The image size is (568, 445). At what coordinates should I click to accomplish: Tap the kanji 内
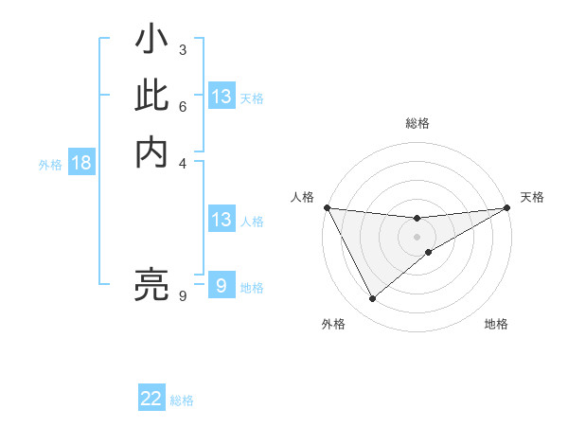(151, 151)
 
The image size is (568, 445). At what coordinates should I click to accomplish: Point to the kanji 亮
(151, 283)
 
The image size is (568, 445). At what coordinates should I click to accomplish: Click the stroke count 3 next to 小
(182, 49)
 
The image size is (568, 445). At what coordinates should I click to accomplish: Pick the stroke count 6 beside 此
(182, 107)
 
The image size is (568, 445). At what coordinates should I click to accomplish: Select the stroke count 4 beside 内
(182, 162)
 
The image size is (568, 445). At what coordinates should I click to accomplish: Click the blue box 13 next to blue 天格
(222, 97)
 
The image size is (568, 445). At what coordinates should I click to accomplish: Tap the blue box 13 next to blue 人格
(222, 220)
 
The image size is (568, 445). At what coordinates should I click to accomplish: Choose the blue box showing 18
(81, 163)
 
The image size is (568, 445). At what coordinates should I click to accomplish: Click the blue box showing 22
(151, 399)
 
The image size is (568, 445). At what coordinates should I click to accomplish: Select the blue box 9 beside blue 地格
(222, 286)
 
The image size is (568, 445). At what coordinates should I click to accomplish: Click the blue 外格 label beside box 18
(50, 164)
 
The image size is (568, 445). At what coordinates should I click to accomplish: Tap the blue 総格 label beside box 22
(182, 400)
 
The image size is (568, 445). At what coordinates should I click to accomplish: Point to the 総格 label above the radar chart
(417, 123)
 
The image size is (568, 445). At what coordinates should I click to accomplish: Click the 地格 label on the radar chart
(496, 324)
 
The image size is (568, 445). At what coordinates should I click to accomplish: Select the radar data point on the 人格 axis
(327, 207)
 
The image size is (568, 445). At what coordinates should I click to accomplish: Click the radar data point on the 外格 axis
(372, 299)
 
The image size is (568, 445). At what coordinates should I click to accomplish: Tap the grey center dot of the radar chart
(417, 237)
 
